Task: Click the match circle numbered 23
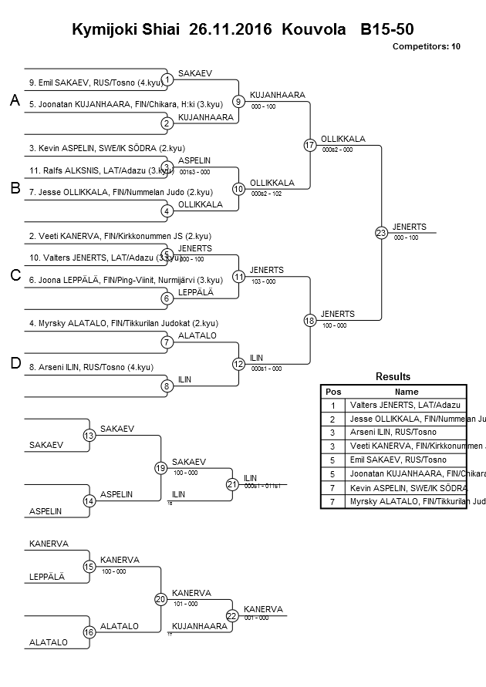[381, 232]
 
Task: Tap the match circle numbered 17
[310, 145]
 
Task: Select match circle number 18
[310, 320]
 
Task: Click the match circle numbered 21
[232, 484]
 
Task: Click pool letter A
[14, 101]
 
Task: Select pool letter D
[14, 364]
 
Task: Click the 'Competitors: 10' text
[426, 46]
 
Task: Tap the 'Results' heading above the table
[393, 376]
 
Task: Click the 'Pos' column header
[332, 391]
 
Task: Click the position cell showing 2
[332, 418]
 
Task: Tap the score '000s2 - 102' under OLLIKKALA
[267, 194]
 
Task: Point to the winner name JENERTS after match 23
[405, 227]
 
